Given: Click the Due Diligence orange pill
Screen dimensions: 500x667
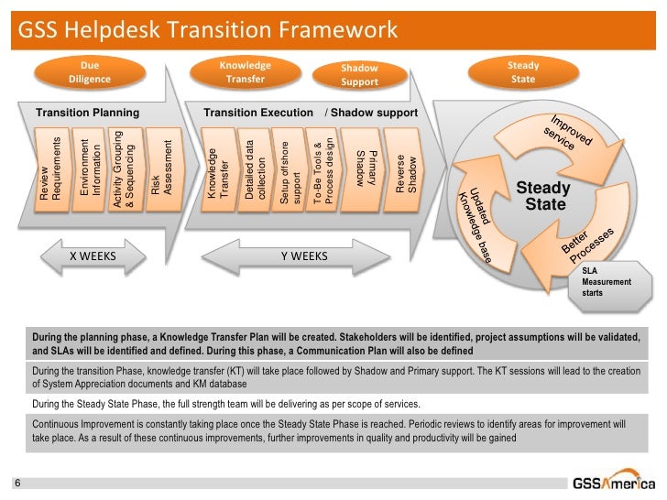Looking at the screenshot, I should pyautogui.click(x=90, y=72).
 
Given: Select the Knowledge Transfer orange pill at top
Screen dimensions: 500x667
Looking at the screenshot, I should pyautogui.click(x=245, y=72).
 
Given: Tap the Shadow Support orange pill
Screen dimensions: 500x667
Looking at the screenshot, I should pyautogui.click(x=359, y=75).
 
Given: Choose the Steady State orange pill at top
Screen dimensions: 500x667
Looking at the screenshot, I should pyautogui.click(x=523, y=72).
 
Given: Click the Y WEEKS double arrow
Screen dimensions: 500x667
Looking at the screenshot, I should pyautogui.click(x=303, y=255).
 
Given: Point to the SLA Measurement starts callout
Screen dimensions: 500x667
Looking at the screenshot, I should pyautogui.click(x=607, y=282).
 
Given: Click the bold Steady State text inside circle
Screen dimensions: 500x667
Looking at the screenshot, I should pyautogui.click(x=544, y=195).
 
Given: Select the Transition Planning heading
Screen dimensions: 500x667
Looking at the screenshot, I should pyautogui.click(x=87, y=113).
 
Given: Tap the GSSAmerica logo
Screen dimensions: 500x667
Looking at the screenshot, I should pyautogui.click(x=613, y=483).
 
